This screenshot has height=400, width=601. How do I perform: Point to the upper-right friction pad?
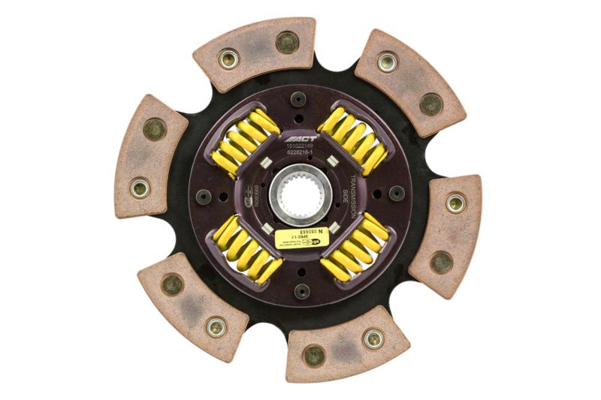(410, 81)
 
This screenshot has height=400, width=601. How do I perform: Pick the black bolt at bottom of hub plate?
(302, 290)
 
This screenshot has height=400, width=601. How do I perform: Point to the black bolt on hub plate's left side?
(204, 196)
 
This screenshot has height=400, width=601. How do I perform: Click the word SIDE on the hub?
(346, 197)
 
